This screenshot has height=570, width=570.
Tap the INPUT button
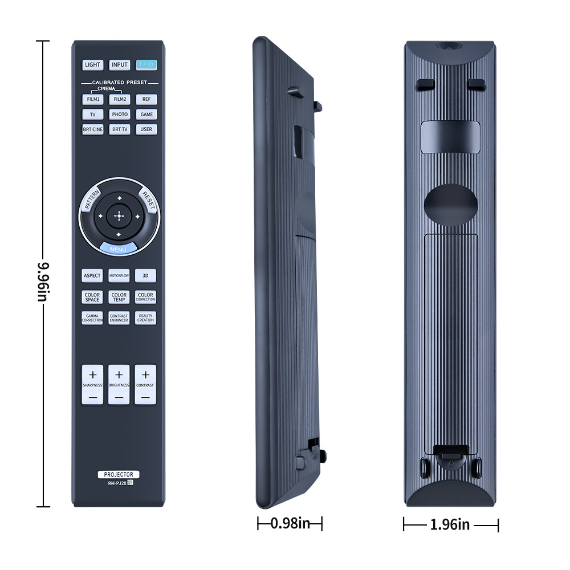pos(119,65)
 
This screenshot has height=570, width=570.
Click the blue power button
pos(146,65)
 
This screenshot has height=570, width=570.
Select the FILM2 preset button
pos(119,99)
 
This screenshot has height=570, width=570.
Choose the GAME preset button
pos(146,114)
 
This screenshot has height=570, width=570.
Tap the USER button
pos(146,129)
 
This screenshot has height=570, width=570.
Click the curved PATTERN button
pos(91,200)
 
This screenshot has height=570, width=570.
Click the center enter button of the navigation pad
pos(119,216)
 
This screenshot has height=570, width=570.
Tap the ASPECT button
pos(92,276)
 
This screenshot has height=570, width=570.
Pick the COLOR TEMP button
pos(119,298)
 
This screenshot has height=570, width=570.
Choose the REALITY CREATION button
pos(146,318)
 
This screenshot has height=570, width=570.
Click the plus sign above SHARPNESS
pos(93,374)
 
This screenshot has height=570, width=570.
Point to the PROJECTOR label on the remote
pos(119,474)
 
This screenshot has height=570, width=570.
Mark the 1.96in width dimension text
pos(450,524)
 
